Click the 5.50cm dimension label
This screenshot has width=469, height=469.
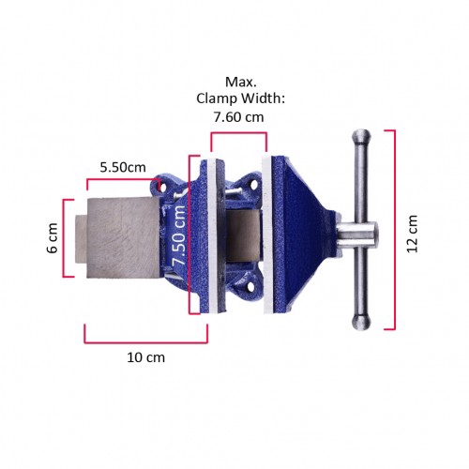[x=123, y=168]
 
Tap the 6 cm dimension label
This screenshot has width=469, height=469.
[x=53, y=238]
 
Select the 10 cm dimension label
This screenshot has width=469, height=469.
[x=145, y=357]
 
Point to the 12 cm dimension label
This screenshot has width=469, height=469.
[x=413, y=234]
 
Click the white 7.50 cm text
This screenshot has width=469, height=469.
[x=179, y=235]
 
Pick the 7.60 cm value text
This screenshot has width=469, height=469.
[x=239, y=117]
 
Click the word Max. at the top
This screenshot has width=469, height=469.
[x=241, y=83]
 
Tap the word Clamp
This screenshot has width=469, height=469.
[x=217, y=98]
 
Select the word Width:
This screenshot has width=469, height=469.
[x=263, y=98]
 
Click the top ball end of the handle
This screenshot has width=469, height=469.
[x=361, y=136]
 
